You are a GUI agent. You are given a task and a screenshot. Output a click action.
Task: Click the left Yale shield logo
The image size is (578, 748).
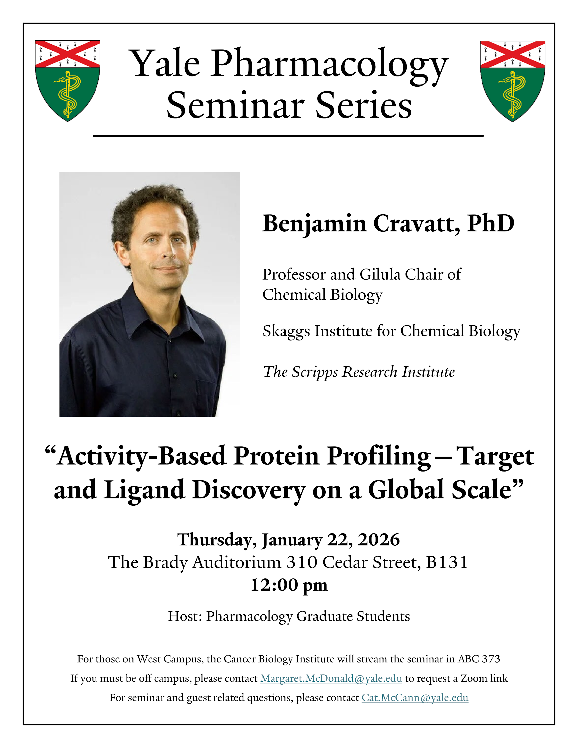68,81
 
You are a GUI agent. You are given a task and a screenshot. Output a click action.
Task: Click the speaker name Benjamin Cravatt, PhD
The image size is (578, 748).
388,224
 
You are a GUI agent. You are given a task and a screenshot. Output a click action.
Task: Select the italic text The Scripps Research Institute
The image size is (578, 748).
359,372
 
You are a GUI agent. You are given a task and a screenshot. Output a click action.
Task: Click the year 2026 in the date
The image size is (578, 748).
379,540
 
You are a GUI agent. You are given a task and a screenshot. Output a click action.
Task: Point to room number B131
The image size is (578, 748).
447,562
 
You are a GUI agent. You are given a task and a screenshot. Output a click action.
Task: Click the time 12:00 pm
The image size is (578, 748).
289,585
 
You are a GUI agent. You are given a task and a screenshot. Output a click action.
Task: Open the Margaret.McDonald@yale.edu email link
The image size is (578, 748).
331,678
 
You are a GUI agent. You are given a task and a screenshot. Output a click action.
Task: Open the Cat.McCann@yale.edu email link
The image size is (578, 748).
415,698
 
